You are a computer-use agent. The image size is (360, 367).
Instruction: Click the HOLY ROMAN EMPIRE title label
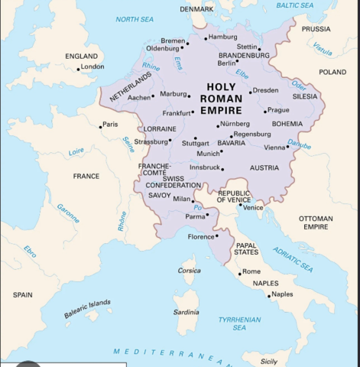(221, 98)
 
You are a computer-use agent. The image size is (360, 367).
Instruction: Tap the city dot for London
(78, 69)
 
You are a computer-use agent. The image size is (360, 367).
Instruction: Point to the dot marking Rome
(239, 273)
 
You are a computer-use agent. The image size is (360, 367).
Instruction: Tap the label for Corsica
(189, 270)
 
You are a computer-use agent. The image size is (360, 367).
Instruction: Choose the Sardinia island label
(186, 312)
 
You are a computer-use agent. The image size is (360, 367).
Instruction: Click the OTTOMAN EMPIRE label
(315, 222)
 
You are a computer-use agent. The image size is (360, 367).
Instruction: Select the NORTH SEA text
(134, 19)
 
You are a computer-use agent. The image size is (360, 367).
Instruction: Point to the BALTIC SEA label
(294, 5)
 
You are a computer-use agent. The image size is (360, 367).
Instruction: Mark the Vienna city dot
(288, 147)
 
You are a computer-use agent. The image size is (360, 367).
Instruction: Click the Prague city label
(278, 110)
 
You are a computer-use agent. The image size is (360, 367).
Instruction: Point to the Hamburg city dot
(205, 36)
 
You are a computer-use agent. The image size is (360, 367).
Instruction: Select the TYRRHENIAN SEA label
(239, 323)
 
